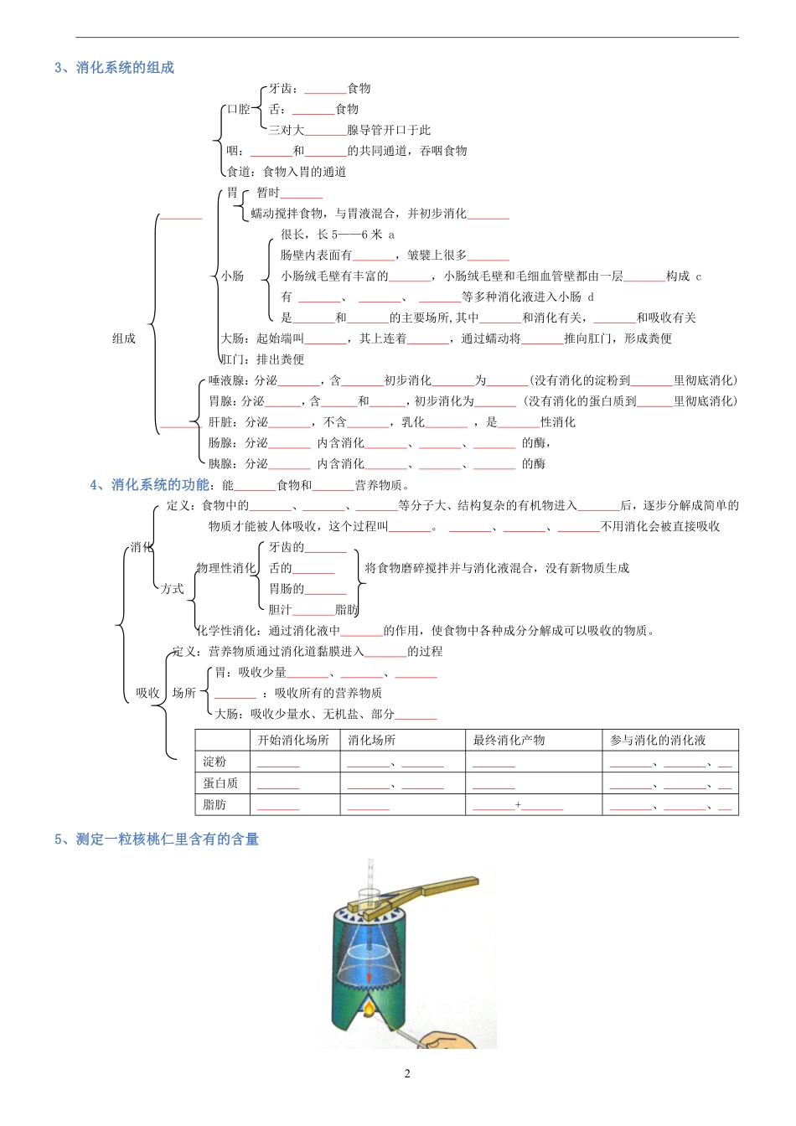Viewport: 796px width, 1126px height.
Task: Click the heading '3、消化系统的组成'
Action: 114,68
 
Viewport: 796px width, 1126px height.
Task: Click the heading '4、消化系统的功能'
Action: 149,485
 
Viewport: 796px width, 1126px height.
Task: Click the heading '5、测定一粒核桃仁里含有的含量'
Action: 157,839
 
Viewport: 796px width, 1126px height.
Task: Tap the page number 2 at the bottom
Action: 407,1074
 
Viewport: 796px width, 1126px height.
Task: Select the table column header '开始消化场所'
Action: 293,741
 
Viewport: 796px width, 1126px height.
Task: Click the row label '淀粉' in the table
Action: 215,762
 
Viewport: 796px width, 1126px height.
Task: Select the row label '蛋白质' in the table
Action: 220,783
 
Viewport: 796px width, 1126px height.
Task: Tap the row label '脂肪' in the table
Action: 215,804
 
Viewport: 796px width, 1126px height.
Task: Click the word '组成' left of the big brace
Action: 124,338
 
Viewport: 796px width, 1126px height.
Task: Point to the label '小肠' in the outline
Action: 232,276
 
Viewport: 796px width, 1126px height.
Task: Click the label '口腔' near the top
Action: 239,109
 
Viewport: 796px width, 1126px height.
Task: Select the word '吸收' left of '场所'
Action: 147,693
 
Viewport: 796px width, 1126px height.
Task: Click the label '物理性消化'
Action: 225,568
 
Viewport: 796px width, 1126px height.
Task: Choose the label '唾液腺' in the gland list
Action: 225,380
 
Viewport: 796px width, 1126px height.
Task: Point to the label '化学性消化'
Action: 227,631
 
